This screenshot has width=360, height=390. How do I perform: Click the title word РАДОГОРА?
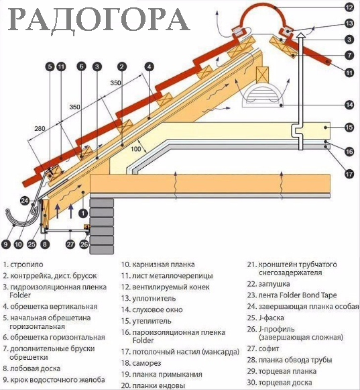99,19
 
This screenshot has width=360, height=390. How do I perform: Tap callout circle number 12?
349,7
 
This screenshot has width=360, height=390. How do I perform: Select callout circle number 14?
349,105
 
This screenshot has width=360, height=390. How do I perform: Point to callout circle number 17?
349,174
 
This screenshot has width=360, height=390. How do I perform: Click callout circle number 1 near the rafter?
83,213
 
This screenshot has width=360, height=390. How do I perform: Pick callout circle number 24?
25,201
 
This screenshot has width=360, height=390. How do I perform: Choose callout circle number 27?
70,244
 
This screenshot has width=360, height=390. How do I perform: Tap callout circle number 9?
5,244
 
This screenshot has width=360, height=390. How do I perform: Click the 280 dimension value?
40,129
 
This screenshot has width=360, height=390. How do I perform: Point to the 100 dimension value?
136,149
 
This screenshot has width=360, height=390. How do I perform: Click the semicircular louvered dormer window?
262,96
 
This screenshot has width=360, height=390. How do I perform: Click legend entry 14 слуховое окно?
152,310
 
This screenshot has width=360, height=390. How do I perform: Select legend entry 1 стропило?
23,264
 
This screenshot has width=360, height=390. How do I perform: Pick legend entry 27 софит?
263,348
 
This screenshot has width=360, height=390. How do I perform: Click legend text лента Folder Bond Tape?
298,295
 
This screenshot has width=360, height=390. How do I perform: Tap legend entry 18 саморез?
141,363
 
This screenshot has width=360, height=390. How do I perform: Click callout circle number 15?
349,128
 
